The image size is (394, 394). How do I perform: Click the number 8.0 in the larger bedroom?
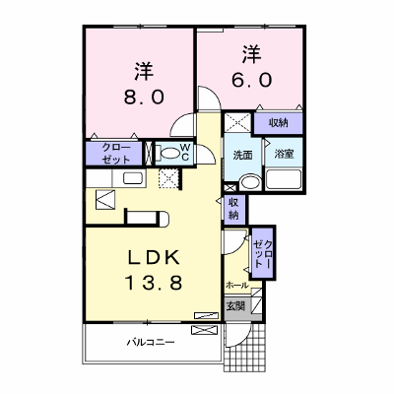coord(144,97)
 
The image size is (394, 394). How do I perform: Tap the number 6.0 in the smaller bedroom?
coord(252,80)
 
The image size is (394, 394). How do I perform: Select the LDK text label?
coord(154,257)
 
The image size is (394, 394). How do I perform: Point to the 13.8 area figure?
coord(154,283)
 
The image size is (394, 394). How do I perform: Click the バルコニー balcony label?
coord(151,343)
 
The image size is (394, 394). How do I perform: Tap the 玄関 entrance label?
coord(235,306)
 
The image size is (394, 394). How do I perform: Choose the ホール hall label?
coord(236,285)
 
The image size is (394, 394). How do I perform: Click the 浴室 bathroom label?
coord(284,154)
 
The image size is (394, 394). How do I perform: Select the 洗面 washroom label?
coord(242,155)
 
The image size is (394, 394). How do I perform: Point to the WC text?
coord(185,152)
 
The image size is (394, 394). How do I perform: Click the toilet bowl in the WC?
coord(169,154)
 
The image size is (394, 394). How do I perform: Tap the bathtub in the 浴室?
coord(284,179)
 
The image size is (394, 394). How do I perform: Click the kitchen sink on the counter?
coord(134,178)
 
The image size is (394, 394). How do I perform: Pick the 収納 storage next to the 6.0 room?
coord(278,123)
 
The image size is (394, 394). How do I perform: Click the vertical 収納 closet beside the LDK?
coord(233,209)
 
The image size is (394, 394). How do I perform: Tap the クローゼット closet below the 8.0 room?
coord(115,154)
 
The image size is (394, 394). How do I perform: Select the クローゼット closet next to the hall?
coord(263,253)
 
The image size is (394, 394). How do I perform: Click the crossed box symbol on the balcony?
coord(205,330)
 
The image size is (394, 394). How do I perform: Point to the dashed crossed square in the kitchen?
coord(168,179)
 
